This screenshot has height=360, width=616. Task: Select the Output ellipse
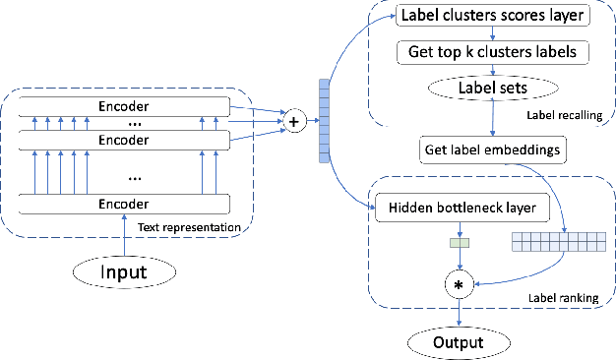point(459,341)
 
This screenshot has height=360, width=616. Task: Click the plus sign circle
point(292,121)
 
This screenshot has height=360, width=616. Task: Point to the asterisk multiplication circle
point(458,284)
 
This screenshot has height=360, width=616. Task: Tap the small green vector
point(458,241)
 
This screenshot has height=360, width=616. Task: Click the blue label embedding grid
point(558,239)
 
